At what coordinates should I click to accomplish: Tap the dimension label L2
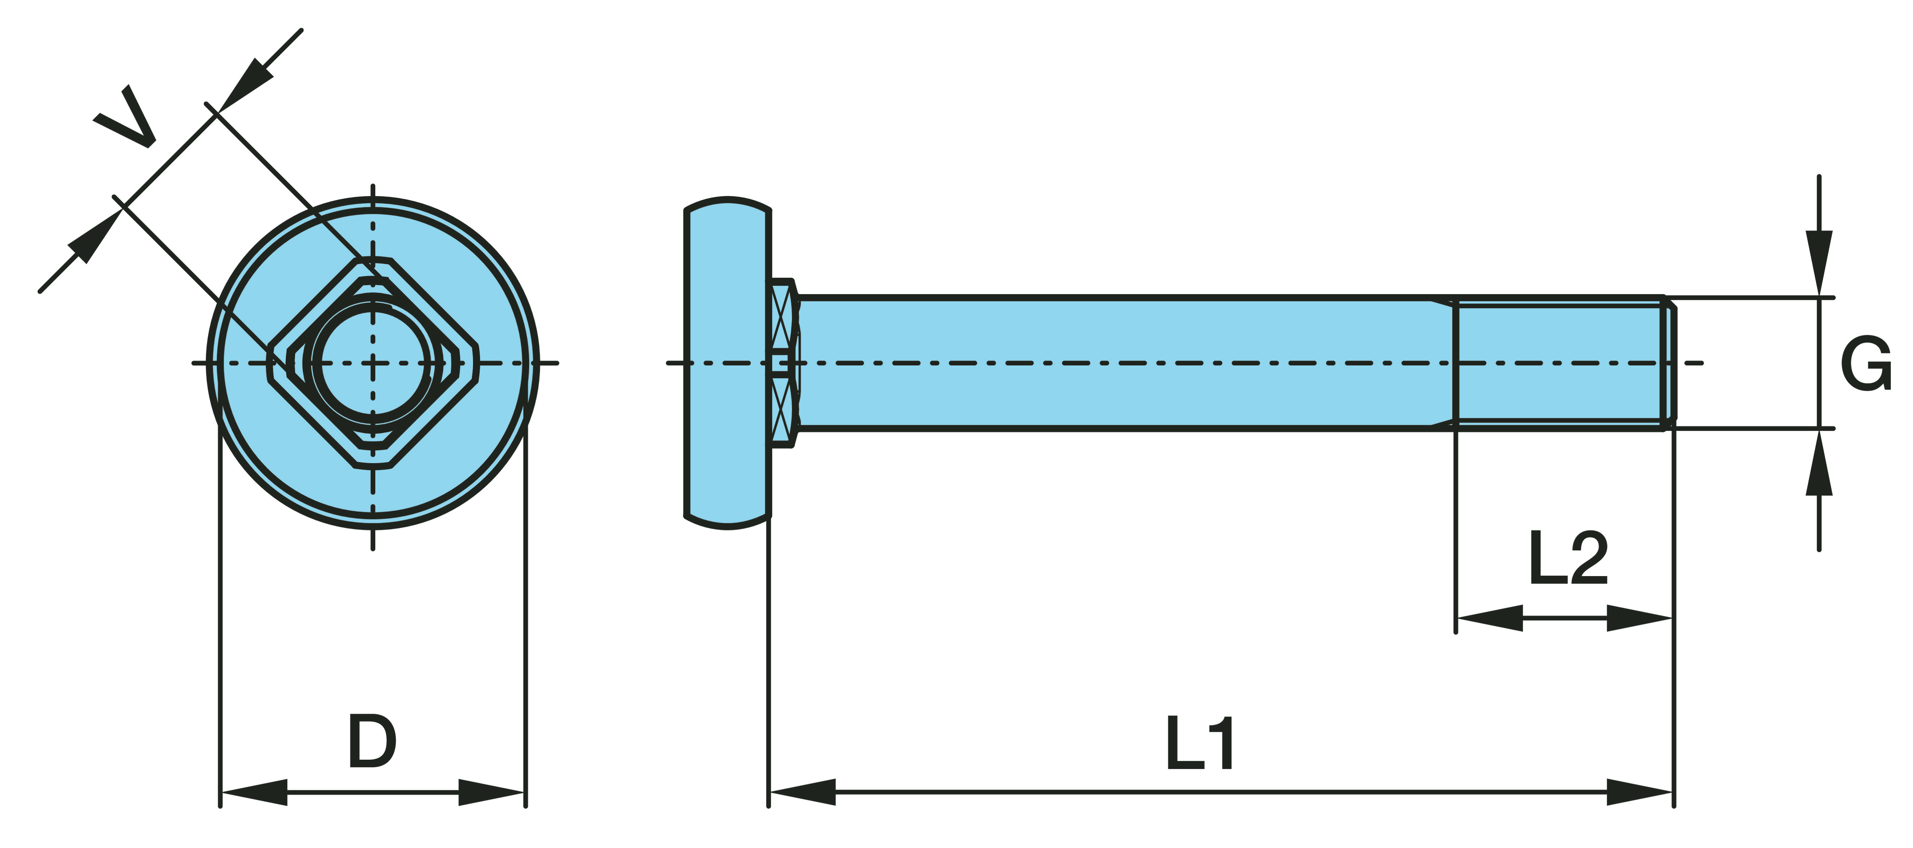1568,558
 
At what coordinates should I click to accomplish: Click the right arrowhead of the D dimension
491,792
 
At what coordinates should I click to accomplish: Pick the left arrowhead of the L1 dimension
802,792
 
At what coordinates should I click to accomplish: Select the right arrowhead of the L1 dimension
1640,792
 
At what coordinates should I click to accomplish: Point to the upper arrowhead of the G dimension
1819,264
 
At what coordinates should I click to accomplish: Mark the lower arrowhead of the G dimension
1819,463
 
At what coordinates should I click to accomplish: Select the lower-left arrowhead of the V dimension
95,236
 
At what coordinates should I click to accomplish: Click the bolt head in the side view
728,363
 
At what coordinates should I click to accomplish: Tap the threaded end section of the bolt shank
1560,363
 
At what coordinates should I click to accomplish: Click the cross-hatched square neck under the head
783,363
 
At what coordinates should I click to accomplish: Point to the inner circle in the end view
373,363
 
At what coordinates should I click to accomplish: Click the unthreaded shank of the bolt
1114,363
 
